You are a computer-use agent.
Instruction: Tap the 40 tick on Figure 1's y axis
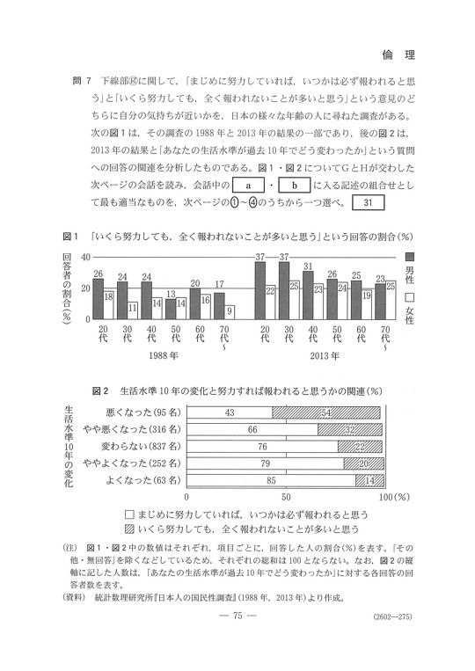pos(86,257)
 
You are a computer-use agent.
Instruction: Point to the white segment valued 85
pos(272,480)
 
